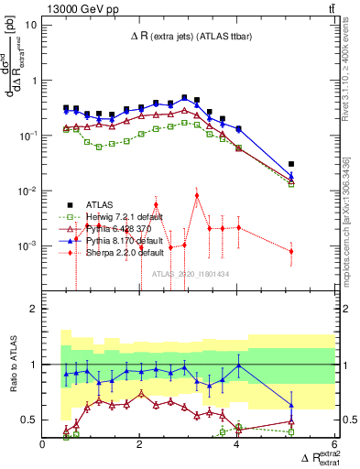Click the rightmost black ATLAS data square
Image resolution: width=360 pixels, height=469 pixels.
pos(291,164)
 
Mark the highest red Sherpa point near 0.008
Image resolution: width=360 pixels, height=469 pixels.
pos(197,195)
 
